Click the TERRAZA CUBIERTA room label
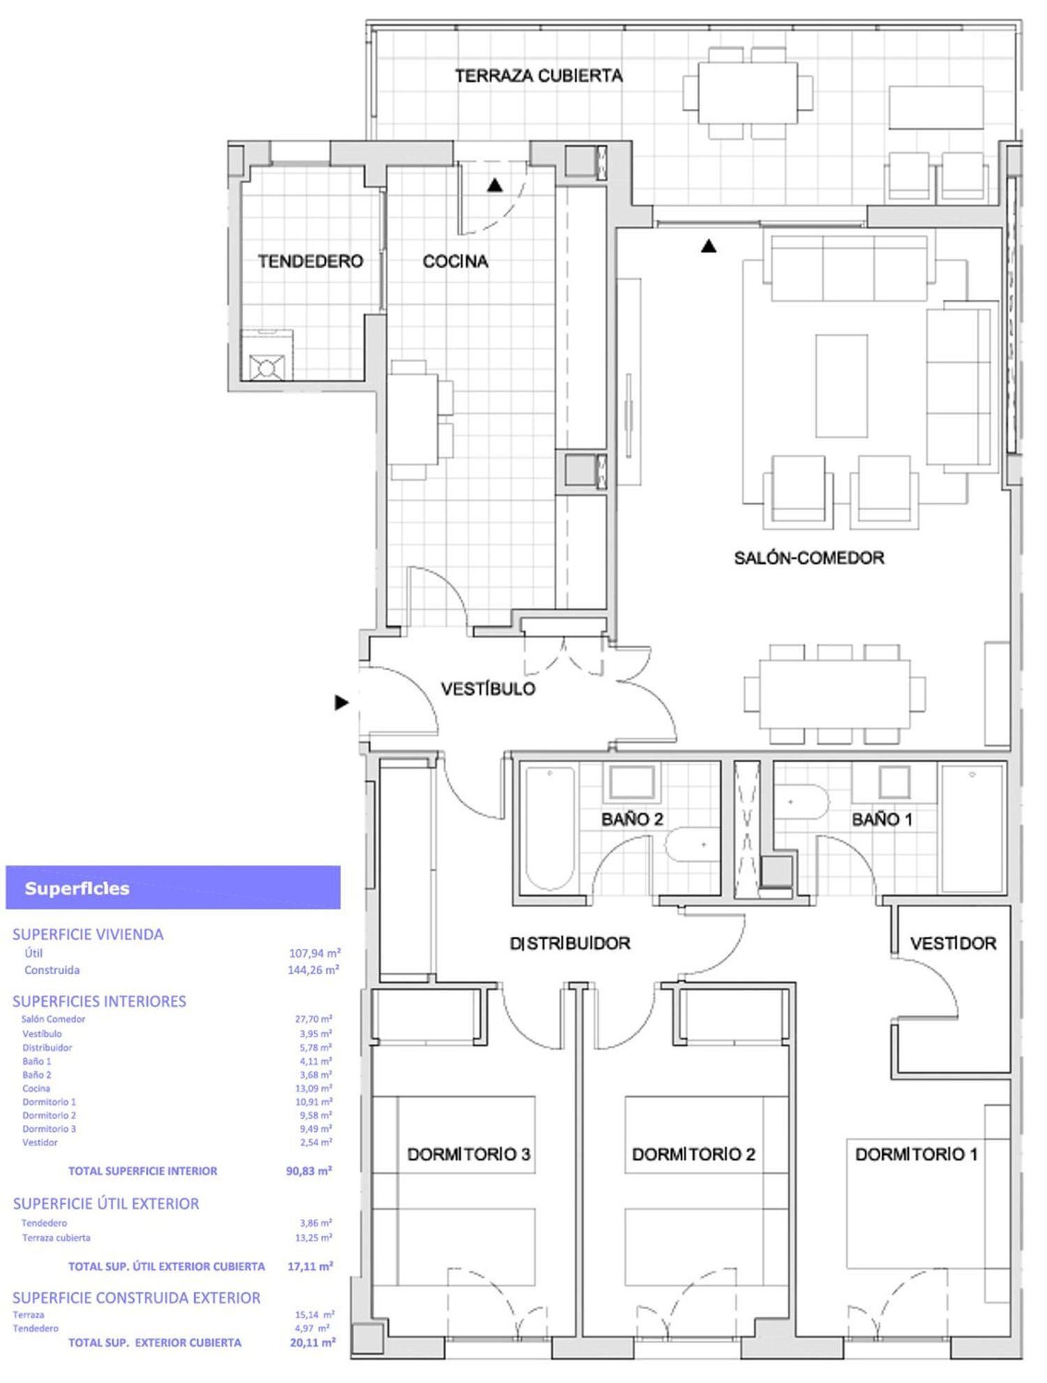[538, 75]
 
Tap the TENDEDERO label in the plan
[311, 261]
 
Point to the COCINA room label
[455, 261]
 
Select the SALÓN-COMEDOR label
[809, 558]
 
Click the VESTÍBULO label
[488, 689]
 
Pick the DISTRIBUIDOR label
[570, 943]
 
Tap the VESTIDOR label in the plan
[953, 943]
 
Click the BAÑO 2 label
[632, 819]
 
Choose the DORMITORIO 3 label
[468, 1154]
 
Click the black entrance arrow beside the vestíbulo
[341, 702]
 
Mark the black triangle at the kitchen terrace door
[495, 185]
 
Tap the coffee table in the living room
[842, 386]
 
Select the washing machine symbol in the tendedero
[267, 367]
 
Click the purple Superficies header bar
[173, 888]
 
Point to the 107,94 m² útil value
[315, 953]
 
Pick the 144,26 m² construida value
[313, 970]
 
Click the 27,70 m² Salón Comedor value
[313, 1019]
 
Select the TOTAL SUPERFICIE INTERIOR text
[142, 1171]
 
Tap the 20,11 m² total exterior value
[313, 1342]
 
